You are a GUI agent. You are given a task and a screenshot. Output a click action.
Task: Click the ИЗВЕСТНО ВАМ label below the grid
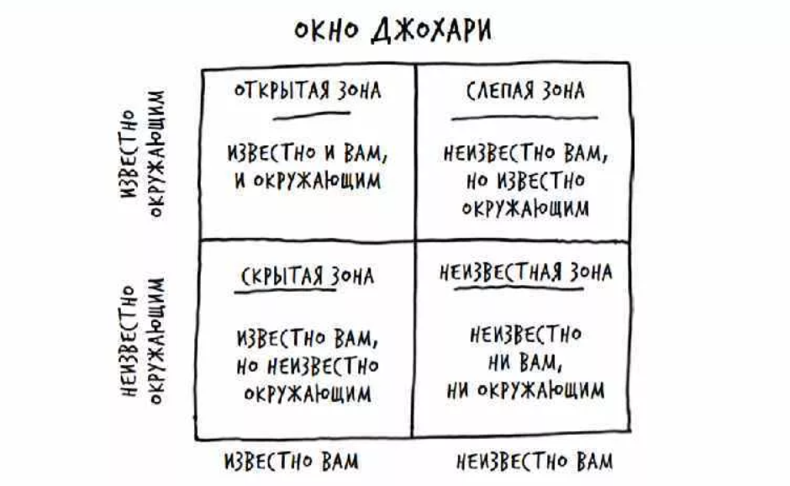(292, 462)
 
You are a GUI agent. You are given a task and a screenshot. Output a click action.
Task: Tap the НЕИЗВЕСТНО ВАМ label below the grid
(535, 462)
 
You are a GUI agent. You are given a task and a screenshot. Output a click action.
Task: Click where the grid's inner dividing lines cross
(413, 240)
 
